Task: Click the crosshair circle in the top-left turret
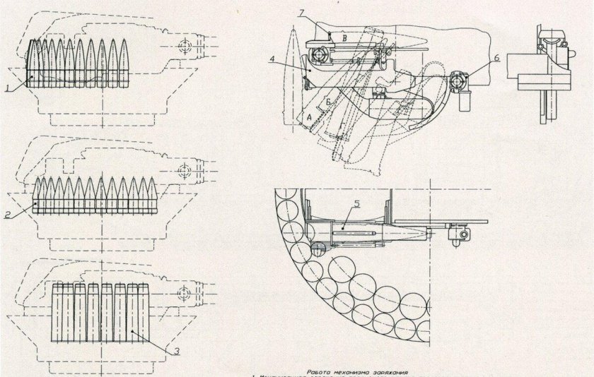point(186,47)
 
